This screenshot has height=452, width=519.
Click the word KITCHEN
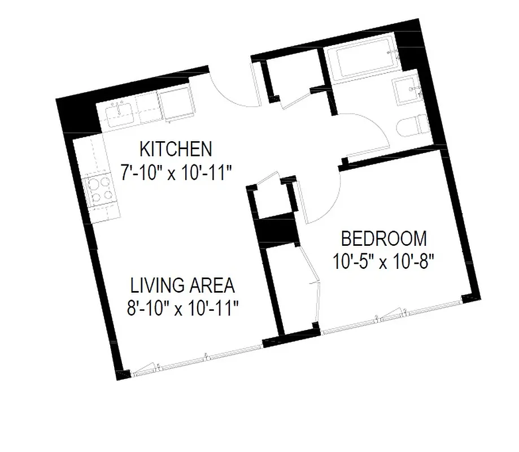pos(176,150)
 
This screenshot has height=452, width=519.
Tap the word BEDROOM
pos(384,239)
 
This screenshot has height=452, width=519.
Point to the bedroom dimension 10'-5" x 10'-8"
pos(383,262)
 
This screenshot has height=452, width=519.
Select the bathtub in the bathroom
pos(359,61)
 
